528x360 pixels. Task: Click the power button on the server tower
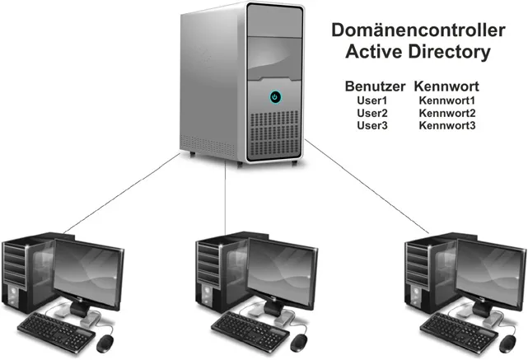pos(274,97)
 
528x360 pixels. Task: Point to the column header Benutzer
pos(376,86)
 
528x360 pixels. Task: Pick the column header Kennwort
pos(447,86)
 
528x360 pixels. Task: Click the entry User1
pos(372,101)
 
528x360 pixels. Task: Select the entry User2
pos(372,113)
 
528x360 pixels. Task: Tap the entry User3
pos(372,125)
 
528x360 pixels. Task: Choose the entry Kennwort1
pos(447,101)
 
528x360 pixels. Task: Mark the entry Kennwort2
pos(447,113)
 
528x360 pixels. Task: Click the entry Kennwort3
pos(447,125)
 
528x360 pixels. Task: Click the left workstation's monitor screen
pos(90,268)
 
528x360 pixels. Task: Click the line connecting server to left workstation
pos(124,194)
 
